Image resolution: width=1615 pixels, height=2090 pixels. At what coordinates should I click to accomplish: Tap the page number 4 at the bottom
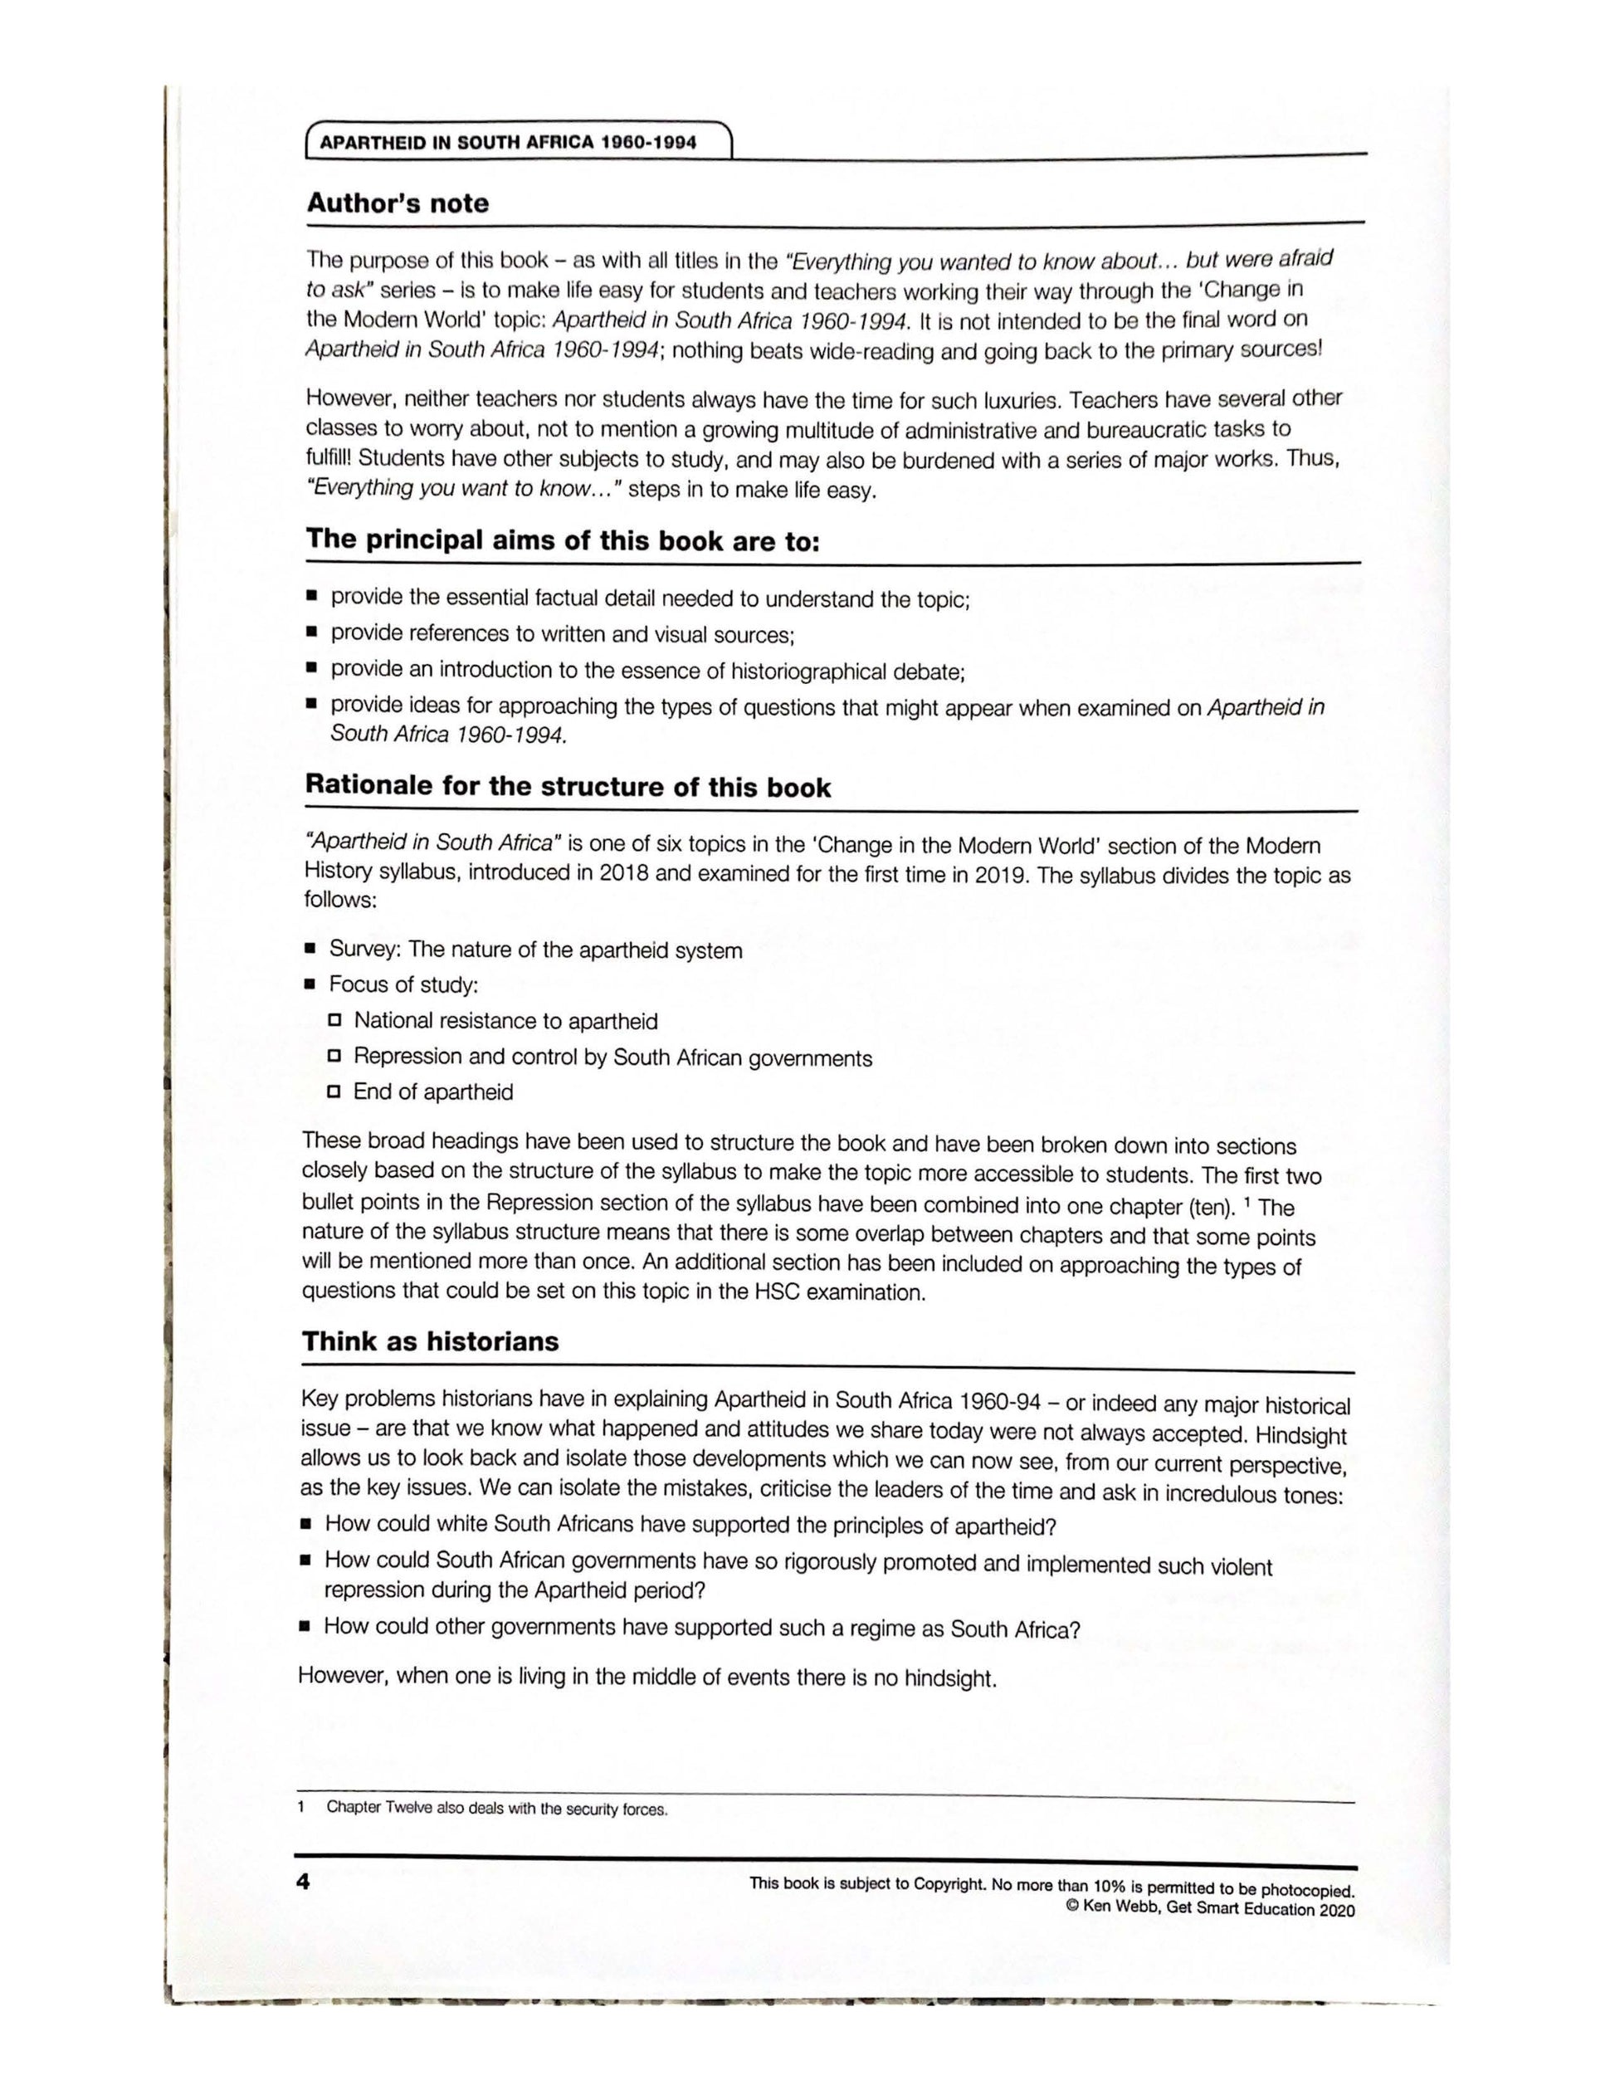(303, 1882)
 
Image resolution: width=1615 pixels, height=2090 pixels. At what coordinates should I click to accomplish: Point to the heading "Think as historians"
(430, 1340)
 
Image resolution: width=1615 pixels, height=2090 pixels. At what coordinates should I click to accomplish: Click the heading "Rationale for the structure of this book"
(568, 787)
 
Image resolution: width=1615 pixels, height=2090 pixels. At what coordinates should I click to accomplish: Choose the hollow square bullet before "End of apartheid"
(334, 1091)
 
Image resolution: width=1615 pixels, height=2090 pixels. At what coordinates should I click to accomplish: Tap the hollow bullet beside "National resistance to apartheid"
(334, 1020)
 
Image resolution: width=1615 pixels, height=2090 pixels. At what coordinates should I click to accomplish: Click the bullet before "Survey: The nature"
(310, 950)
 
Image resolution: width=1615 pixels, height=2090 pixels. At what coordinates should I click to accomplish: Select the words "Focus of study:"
(403, 984)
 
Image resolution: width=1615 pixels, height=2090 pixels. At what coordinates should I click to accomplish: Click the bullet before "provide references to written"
(311, 632)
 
